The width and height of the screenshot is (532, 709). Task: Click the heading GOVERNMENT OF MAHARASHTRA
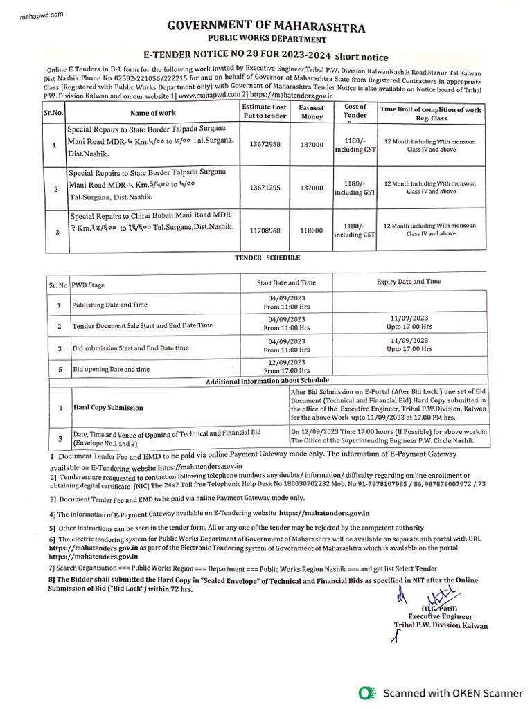(x=265, y=28)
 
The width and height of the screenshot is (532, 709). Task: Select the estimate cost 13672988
(x=264, y=144)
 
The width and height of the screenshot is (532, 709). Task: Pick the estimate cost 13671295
(x=264, y=188)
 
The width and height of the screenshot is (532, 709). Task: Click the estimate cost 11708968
(x=264, y=230)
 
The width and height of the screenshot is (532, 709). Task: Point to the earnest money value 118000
(x=311, y=230)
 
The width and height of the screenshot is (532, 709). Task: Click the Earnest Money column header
(x=311, y=112)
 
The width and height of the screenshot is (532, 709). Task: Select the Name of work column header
(x=152, y=113)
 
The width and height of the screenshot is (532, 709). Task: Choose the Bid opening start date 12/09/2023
(x=286, y=362)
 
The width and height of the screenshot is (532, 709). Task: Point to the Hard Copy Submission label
(x=109, y=408)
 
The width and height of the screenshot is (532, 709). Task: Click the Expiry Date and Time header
(x=409, y=282)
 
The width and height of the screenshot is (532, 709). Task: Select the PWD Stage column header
(x=88, y=285)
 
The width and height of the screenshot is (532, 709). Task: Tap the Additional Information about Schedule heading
(x=267, y=381)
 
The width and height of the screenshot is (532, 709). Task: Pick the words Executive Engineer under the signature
(x=440, y=616)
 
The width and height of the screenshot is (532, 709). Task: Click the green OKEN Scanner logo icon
(x=368, y=692)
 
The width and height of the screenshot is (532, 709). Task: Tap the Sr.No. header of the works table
(x=54, y=113)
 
